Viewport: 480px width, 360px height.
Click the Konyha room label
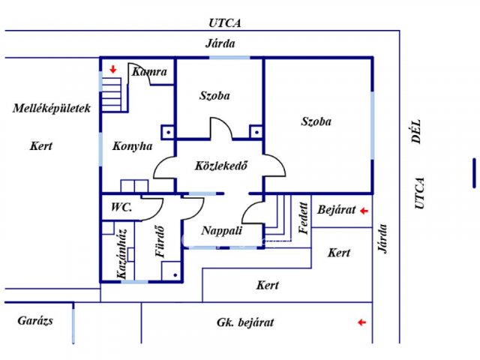coord(132,146)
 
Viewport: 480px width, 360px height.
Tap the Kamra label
coord(149,72)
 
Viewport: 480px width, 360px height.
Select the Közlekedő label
coord(221,166)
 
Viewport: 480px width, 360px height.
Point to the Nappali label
coord(222,230)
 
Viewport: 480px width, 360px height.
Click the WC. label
coord(121,207)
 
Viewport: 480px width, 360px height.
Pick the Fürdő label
coord(160,241)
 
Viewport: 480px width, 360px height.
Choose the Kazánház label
coord(121,253)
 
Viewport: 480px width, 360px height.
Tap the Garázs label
coord(35,320)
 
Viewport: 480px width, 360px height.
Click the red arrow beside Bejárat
coord(364,211)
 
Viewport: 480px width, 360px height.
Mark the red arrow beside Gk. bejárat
coord(361,322)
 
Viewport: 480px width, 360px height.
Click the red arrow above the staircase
coord(113,70)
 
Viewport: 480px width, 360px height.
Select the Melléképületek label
coord(52,108)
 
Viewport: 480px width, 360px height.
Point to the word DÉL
coord(416,132)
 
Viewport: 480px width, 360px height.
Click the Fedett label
coord(303,218)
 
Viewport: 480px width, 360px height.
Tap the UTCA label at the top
coord(225,23)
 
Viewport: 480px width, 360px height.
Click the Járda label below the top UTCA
coord(220,43)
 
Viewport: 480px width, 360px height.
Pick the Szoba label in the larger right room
coord(316,121)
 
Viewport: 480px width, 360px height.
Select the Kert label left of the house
coord(41,145)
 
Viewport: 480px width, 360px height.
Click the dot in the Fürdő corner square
coord(175,275)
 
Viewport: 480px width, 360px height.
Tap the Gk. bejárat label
coord(245,322)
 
